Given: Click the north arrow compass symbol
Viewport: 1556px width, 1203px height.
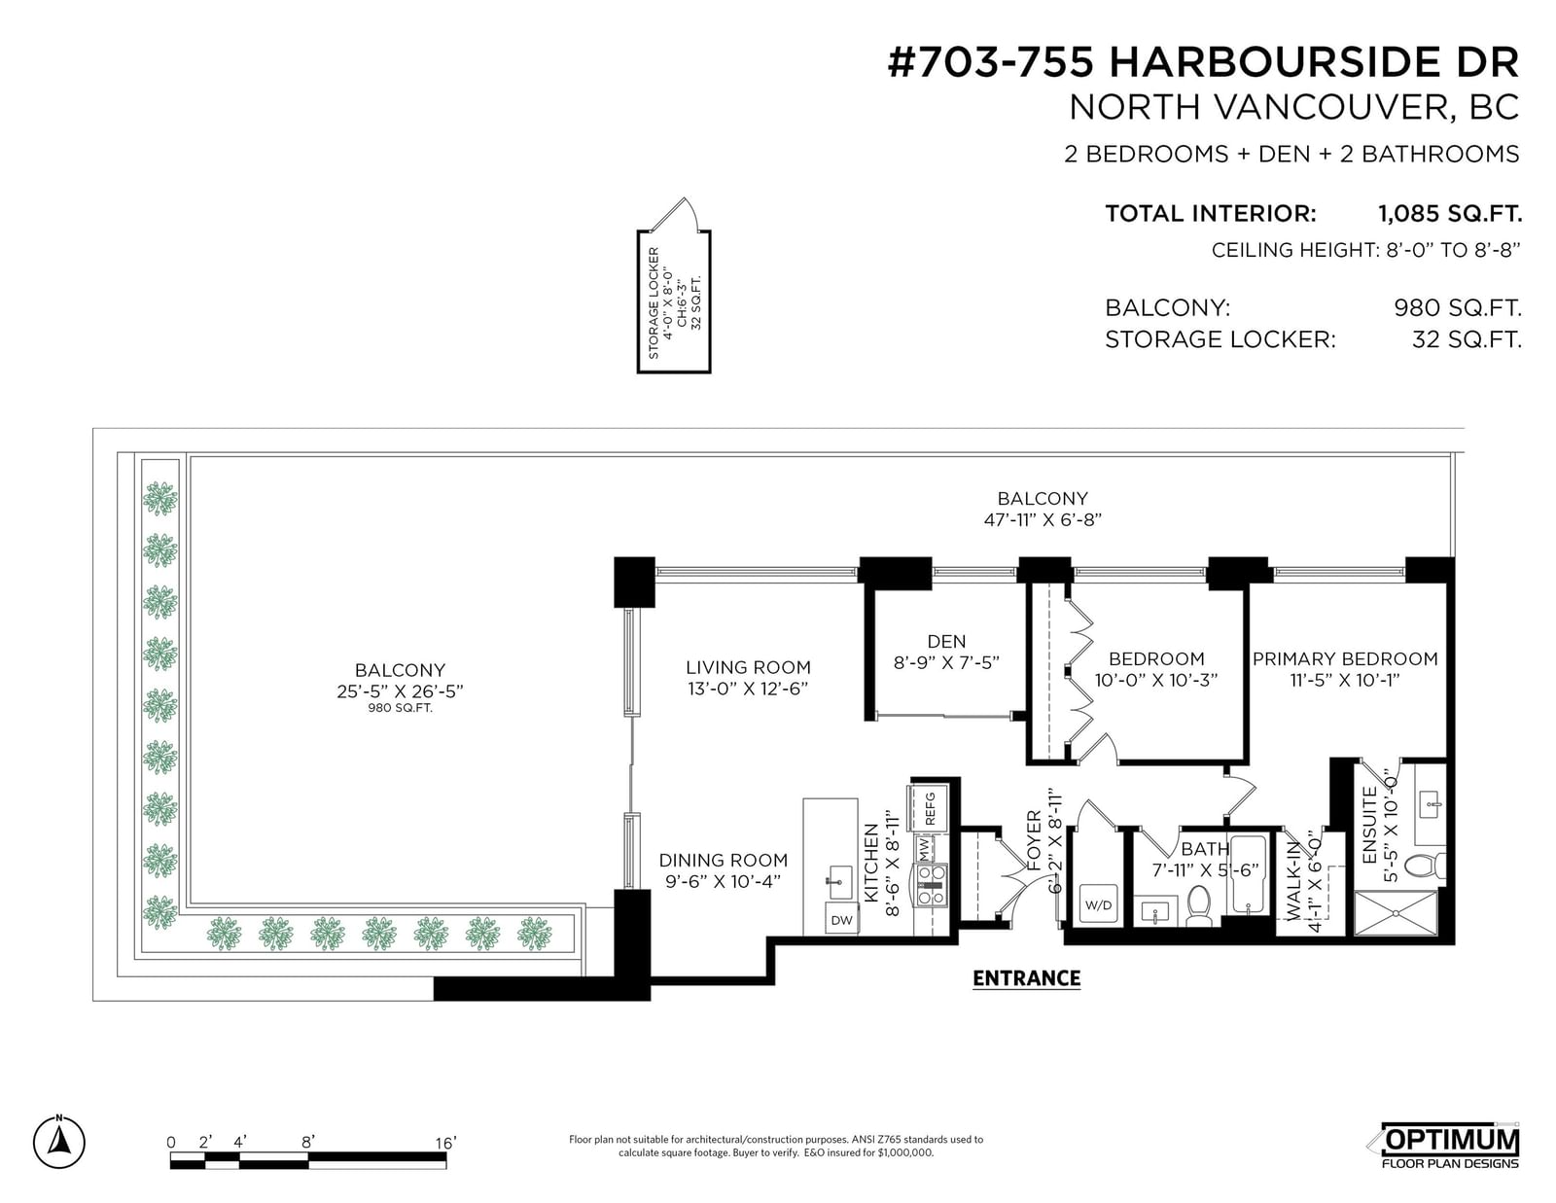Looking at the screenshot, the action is [x=58, y=1142].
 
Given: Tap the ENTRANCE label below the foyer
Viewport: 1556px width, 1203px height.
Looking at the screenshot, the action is [x=1026, y=978].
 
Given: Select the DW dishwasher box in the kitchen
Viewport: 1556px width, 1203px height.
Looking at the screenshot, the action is [x=841, y=919].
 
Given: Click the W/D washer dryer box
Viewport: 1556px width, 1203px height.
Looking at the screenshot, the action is [x=1098, y=905].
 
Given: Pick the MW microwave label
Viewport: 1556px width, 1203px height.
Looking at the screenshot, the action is [x=925, y=851].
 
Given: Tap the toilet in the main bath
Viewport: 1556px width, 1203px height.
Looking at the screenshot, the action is [x=1198, y=905].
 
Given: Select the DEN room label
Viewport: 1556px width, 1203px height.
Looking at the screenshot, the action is [x=946, y=642].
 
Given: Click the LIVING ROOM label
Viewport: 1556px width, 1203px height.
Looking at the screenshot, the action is [x=748, y=667].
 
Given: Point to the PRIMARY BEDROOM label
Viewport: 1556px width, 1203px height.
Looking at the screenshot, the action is [x=1345, y=658].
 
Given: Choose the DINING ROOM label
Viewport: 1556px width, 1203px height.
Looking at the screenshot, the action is [x=724, y=860].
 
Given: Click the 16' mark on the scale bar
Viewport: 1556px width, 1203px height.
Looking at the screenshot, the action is [x=445, y=1144].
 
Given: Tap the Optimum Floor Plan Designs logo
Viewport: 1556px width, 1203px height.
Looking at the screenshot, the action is [x=1449, y=1148].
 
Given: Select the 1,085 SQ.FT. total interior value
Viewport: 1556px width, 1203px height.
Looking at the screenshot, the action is [x=1450, y=213].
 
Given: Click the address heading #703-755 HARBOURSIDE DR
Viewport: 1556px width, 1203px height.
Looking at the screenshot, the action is [x=1203, y=62].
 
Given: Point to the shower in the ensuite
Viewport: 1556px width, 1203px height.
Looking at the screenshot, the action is [x=1397, y=913].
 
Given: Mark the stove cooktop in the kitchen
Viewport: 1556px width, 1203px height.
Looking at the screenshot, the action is [x=930, y=885].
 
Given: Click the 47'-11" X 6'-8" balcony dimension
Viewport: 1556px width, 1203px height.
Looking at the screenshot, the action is [x=1043, y=520].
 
